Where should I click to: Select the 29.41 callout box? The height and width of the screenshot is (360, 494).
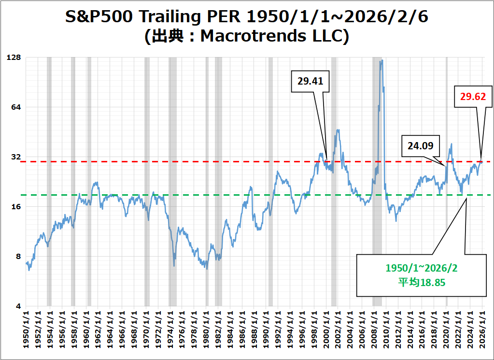(x=310, y=81)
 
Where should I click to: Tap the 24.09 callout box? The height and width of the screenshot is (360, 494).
(x=420, y=145)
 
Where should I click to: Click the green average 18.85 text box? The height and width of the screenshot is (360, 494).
(x=421, y=274)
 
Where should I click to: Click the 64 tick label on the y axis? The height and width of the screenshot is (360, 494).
(x=16, y=107)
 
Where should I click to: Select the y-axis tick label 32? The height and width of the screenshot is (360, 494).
(x=16, y=157)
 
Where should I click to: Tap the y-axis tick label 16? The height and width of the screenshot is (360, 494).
(x=16, y=207)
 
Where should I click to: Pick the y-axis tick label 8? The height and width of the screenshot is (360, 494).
(x=18, y=257)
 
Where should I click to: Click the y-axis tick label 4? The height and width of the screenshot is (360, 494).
(x=18, y=306)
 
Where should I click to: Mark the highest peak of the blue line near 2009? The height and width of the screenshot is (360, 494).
(x=381, y=61)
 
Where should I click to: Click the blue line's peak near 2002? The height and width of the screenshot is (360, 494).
(x=339, y=130)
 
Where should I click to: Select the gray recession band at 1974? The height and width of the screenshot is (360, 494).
(x=172, y=181)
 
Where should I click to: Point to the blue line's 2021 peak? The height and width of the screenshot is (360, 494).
(x=451, y=144)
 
